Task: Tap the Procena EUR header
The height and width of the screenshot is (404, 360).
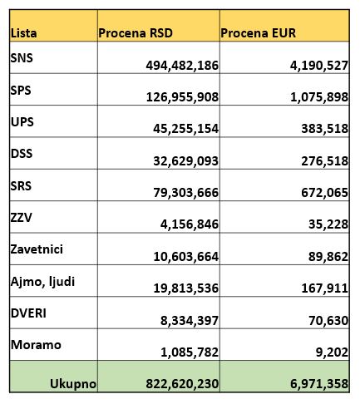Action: coord(259,33)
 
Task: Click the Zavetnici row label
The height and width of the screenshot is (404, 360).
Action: coord(37,249)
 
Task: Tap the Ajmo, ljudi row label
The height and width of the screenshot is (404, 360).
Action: coord(42,281)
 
